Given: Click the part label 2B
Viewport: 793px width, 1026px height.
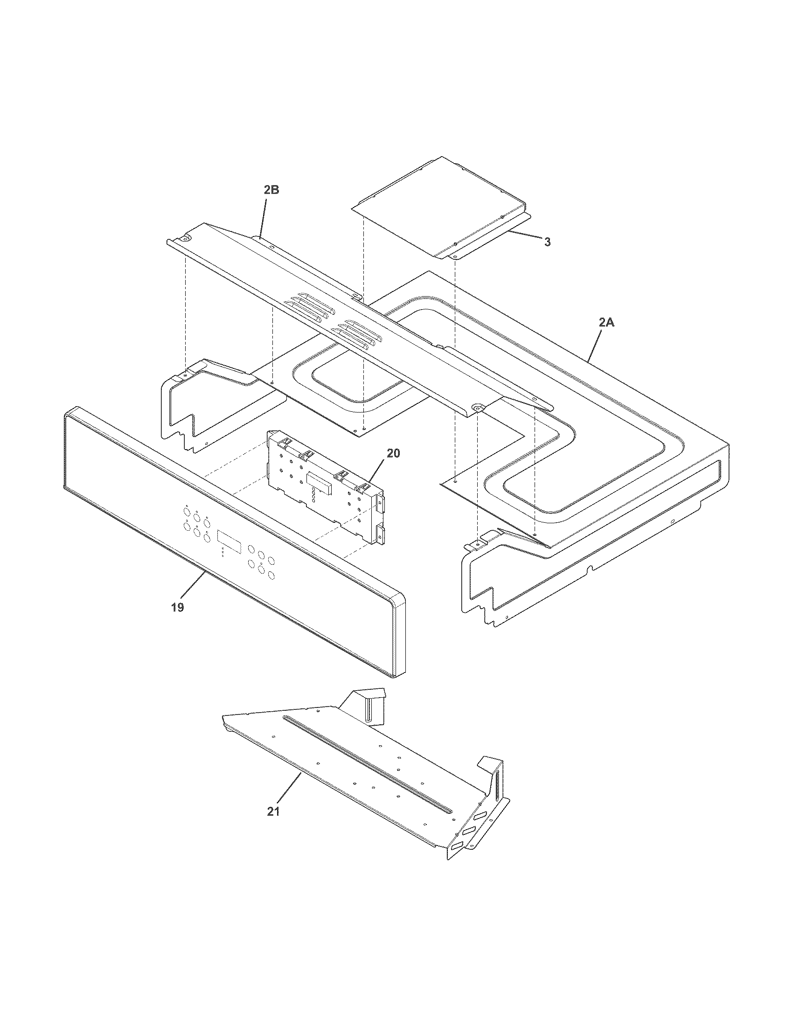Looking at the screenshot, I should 271,190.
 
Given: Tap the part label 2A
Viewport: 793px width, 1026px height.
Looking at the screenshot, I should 606,323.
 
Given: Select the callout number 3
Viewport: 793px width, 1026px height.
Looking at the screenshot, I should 547,242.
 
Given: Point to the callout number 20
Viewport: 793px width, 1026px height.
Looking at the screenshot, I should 393,453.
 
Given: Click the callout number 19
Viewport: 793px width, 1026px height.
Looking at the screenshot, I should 177,607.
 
